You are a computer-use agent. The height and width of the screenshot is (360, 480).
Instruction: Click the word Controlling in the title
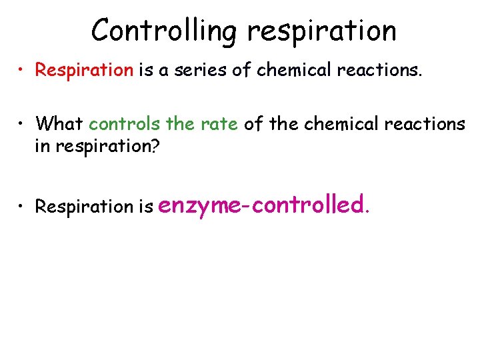click(x=165, y=31)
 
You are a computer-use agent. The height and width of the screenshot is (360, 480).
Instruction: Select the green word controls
click(x=124, y=123)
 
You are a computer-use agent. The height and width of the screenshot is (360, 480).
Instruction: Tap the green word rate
click(x=221, y=123)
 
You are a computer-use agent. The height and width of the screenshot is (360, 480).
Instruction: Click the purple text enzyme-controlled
click(x=263, y=205)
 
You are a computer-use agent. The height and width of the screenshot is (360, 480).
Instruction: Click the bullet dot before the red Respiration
click(x=23, y=70)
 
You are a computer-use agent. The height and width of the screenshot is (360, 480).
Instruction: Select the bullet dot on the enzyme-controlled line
click(x=23, y=206)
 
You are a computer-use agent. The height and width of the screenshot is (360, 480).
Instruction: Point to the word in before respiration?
click(x=42, y=147)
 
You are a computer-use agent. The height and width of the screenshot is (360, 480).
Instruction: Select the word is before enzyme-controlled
click(x=145, y=207)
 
